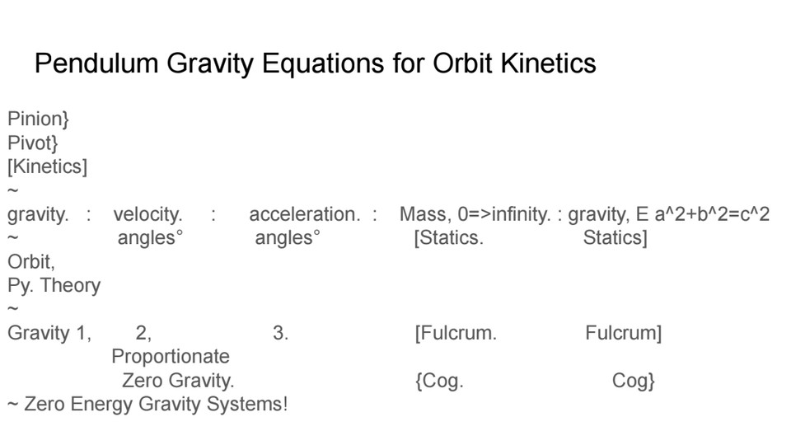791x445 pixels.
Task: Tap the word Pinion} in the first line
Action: [x=39, y=119]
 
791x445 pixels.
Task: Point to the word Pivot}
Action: [x=33, y=143]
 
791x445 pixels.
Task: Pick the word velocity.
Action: [x=147, y=214]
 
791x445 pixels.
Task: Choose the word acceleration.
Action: [x=305, y=214]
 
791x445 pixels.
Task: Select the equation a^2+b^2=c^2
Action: [x=712, y=214]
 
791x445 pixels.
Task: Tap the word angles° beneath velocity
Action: [x=150, y=238]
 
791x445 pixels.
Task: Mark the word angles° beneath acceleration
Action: [x=288, y=238]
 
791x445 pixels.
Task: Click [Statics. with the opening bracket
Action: [x=448, y=238]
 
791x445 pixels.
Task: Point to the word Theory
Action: [x=71, y=286]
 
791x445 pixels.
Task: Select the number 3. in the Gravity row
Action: [x=280, y=333]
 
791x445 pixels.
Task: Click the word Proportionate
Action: [x=171, y=357]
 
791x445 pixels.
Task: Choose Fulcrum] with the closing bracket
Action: [x=624, y=333]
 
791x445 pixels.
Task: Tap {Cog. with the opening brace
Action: [x=439, y=381]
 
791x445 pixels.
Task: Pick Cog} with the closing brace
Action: [x=634, y=381]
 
